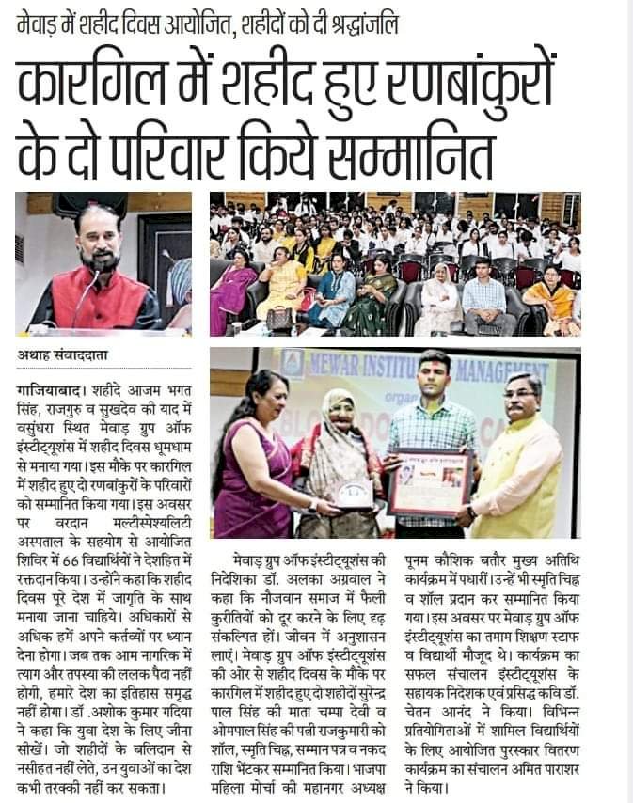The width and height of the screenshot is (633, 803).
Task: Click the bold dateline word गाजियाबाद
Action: [x=48, y=387]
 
